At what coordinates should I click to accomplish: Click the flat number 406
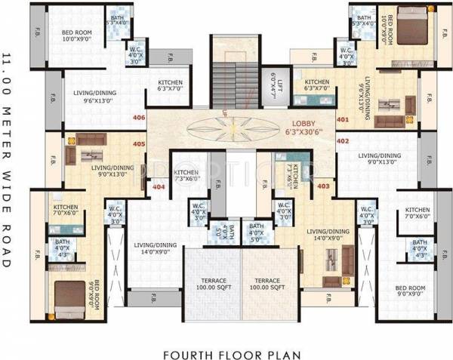pyautogui.click(x=138, y=118)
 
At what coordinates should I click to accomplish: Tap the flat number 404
pyautogui.click(x=159, y=185)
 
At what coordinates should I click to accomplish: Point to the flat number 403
pyautogui.click(x=323, y=185)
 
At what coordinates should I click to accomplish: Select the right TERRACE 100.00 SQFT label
pyautogui.click(x=270, y=283)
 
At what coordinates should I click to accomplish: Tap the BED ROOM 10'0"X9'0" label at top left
pyautogui.click(x=76, y=35)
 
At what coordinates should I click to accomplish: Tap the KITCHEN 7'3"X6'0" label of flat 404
pyautogui.click(x=185, y=177)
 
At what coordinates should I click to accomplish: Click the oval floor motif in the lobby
pyautogui.click(x=230, y=127)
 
